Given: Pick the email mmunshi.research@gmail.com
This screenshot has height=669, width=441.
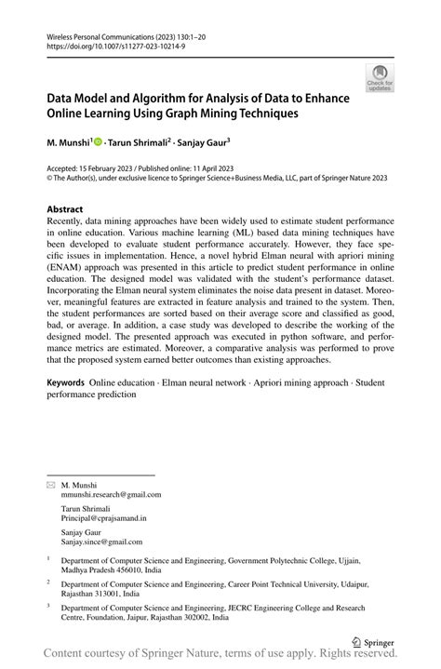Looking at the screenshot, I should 104,494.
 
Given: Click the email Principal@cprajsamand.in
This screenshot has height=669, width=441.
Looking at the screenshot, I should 103,518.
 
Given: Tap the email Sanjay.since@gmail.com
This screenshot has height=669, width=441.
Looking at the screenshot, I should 101,542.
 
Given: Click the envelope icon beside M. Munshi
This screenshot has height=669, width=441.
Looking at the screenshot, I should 50,485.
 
